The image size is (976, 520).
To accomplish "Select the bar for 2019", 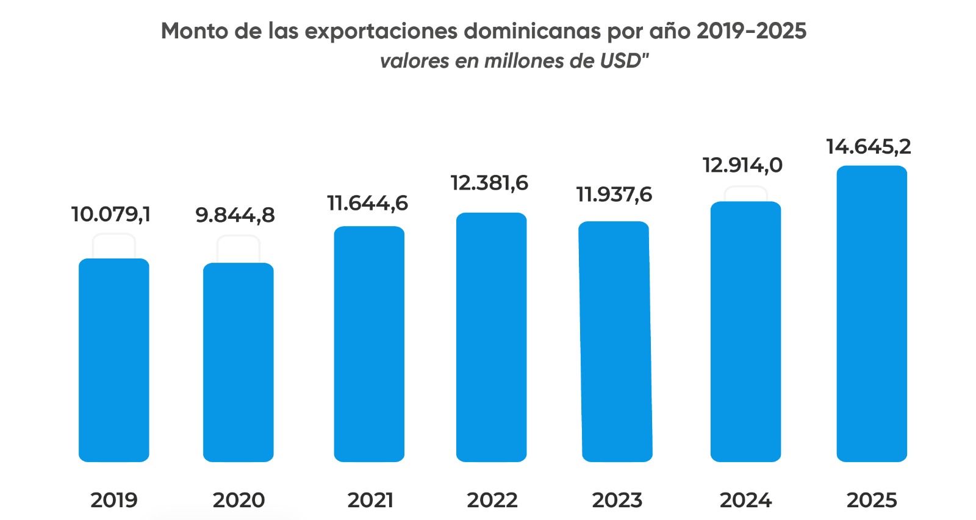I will [114, 360].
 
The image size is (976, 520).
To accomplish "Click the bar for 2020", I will [239, 362].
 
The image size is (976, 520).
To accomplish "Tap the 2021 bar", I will [369, 344].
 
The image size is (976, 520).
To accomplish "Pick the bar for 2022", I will [492, 337].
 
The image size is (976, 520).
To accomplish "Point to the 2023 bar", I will [615, 341].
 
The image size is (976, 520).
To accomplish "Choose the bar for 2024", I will [745, 332].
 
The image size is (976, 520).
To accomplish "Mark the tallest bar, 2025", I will [872, 313].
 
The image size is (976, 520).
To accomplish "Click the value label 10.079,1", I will [110, 215].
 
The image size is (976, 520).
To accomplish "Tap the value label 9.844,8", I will [235, 215].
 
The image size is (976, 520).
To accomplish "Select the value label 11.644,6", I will [367, 203].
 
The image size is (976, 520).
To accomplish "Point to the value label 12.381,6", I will [489, 183].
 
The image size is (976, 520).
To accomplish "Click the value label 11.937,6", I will [614, 195].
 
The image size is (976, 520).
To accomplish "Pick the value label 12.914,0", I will [742, 165].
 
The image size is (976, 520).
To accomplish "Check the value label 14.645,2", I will [868, 147].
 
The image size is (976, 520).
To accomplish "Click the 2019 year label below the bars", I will [114, 500].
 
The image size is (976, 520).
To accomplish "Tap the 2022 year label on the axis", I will [492, 500].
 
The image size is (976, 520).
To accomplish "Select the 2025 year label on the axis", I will [872, 500].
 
